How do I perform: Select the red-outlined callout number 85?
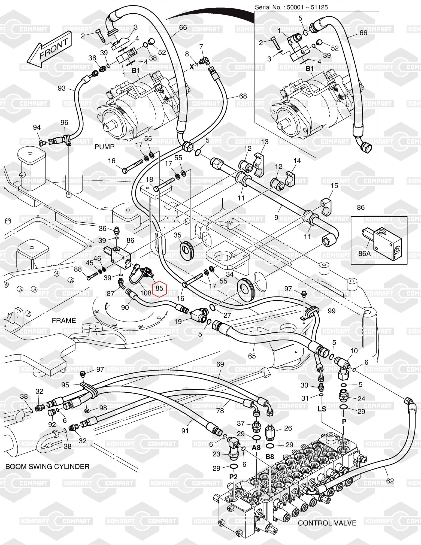pos(159,288)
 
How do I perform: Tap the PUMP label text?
pos(104,147)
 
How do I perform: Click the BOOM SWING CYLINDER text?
pos(47,466)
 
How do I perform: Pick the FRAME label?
pos(64,320)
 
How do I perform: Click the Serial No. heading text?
pos(291,7)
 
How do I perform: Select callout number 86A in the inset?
pos(364,253)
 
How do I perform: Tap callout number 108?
pos(146,293)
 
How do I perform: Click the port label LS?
pos(322,409)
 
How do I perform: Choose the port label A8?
pos(256,447)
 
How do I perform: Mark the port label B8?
pos(269,457)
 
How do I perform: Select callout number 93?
pos(62,88)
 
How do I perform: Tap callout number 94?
pos(37,127)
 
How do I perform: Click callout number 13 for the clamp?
pos(265,142)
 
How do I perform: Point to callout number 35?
pos(177,235)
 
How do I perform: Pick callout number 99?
pos(331,311)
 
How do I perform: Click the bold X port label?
pos(192,67)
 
